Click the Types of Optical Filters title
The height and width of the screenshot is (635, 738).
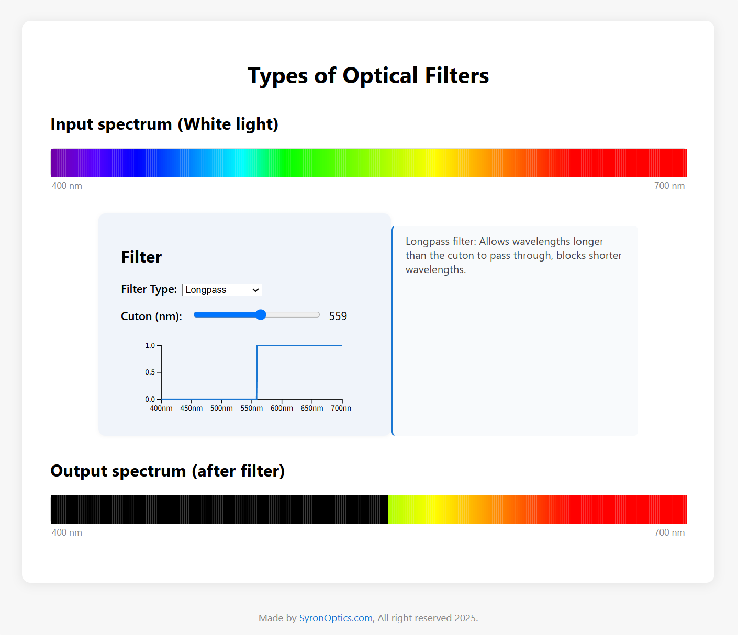coord(368,75)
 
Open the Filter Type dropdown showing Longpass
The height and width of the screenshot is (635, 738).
coord(222,290)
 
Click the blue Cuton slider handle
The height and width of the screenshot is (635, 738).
coord(261,314)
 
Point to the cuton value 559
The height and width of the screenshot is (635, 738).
coord(338,316)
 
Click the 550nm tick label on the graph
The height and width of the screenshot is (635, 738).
coord(252,409)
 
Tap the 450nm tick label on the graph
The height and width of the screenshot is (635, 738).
coord(192,409)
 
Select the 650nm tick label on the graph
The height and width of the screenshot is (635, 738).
coord(312,409)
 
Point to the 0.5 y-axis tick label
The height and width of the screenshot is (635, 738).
coord(150,372)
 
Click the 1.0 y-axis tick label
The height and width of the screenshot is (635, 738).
coord(150,346)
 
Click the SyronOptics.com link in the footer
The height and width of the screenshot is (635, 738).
coord(336,618)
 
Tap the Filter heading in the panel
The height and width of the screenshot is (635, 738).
coord(141,257)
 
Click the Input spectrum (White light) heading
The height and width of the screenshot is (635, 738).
coord(164,124)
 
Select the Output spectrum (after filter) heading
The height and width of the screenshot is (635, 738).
coord(167,471)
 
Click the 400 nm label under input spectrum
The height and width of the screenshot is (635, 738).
coord(67,186)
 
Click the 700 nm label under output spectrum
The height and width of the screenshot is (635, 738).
coord(669,532)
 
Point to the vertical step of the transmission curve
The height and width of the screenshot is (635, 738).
coord(257,372)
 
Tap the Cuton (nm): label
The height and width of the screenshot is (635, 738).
coord(151,316)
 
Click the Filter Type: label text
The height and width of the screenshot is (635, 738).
coord(149,289)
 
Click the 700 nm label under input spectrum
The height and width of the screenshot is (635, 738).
coord(669,186)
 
